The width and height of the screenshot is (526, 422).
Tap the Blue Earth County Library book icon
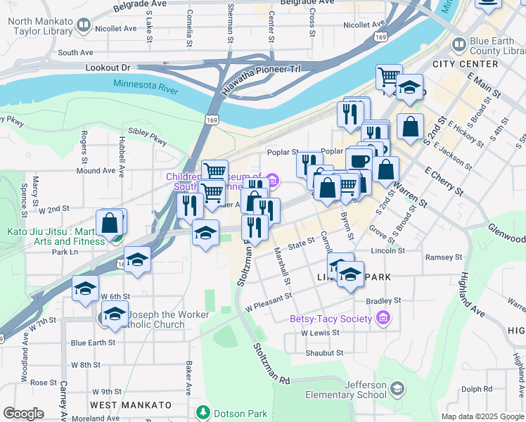pos(458,46)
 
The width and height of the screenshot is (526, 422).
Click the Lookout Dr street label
pos(108,68)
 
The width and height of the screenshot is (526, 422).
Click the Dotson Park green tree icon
pos(203,411)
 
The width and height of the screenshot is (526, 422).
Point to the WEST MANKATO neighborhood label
pos(131,405)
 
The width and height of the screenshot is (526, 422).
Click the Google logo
pos(23,413)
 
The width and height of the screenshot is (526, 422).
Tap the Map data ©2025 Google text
pos(482,416)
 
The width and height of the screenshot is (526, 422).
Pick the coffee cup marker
pos(359,160)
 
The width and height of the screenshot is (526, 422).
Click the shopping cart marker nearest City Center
pos(389,77)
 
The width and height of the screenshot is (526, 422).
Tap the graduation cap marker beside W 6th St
pos(85,289)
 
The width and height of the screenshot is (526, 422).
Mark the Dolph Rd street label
pos(477,389)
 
